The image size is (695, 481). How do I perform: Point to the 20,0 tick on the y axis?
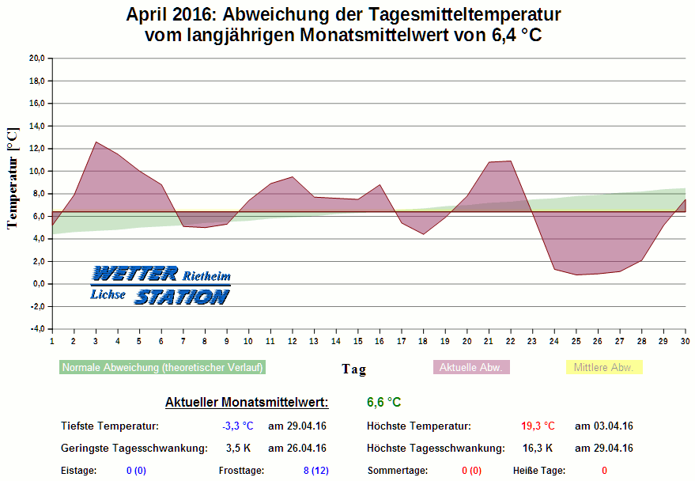(36, 58)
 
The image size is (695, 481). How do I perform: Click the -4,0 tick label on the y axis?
(36, 329)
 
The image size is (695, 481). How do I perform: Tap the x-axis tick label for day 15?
(357, 340)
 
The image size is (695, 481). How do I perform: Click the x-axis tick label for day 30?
(685, 340)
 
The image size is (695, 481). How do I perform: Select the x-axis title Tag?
(353, 369)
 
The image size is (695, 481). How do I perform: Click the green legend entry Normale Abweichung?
(162, 367)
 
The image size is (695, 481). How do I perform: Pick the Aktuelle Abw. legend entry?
(471, 367)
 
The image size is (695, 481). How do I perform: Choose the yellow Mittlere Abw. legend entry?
(604, 367)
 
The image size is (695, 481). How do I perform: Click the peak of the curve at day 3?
(96, 142)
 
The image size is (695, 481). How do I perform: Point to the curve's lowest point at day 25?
(576, 275)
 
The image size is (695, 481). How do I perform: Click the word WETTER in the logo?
(134, 274)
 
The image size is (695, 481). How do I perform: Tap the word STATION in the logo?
(181, 297)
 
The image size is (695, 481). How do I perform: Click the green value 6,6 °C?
(383, 402)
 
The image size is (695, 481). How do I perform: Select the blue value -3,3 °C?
(237, 426)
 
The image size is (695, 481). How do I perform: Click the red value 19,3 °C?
(538, 426)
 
